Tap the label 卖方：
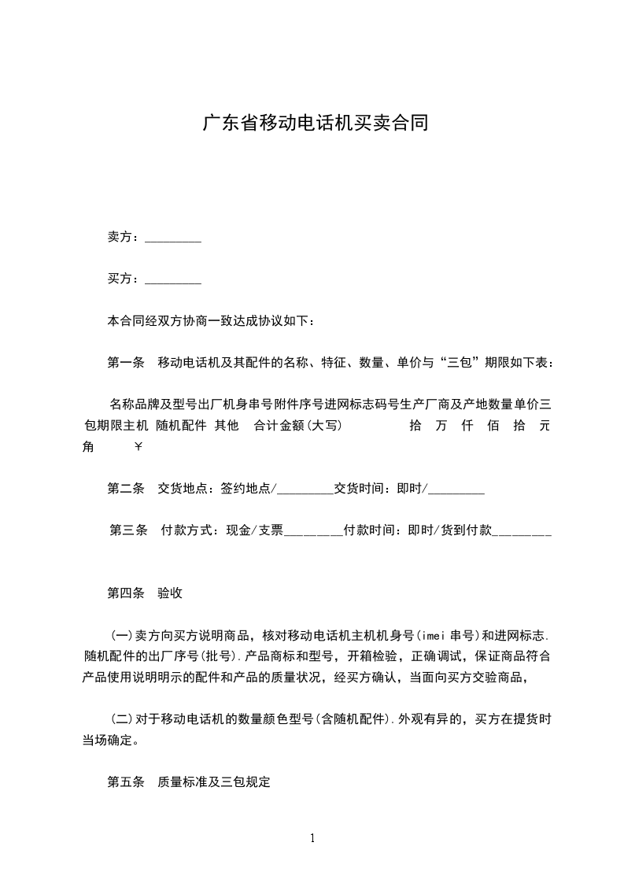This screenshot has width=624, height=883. click(124, 237)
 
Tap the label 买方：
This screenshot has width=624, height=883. click(124, 279)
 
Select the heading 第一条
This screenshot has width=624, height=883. click(125, 363)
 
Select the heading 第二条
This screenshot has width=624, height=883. click(125, 488)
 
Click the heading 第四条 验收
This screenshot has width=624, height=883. click(145, 593)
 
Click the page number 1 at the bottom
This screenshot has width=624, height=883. click(312, 838)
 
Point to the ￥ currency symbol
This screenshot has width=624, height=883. click(139, 446)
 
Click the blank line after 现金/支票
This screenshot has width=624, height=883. click(313, 532)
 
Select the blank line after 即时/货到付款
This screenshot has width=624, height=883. click(522, 532)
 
